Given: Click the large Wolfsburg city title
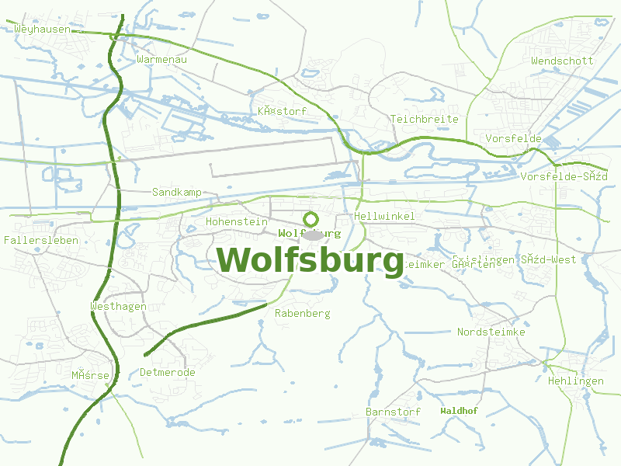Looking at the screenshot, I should pyautogui.click(x=310, y=260).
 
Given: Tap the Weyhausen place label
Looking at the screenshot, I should pyautogui.click(x=42, y=29).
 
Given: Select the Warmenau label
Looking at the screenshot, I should pyautogui.click(x=161, y=59).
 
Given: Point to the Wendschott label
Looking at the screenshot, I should pyautogui.click(x=562, y=61).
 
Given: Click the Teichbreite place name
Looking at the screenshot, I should pyautogui.click(x=425, y=119).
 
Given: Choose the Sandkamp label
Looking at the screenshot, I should pyautogui.click(x=177, y=192).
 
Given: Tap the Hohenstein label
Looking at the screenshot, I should pyautogui.click(x=237, y=221).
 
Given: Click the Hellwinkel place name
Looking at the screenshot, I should pyautogui.click(x=384, y=216).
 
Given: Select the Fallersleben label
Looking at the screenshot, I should pyautogui.click(x=40, y=240).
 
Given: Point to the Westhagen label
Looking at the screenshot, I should pyautogui.click(x=119, y=306).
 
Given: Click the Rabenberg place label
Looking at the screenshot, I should pyautogui.click(x=303, y=313).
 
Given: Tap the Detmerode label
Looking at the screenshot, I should pyautogui.click(x=168, y=372).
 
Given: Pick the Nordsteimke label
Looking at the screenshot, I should pyautogui.click(x=491, y=332).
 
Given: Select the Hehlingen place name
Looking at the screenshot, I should pyautogui.click(x=575, y=381).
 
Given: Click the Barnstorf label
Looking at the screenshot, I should pyautogui.click(x=393, y=412).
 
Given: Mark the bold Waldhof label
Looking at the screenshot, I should pyautogui.click(x=459, y=410).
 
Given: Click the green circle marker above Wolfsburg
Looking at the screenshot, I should pyautogui.click(x=311, y=220).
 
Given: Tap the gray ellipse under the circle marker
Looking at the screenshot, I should pyautogui.click(x=312, y=235).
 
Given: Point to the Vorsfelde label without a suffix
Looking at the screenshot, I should pyautogui.click(x=513, y=138).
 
